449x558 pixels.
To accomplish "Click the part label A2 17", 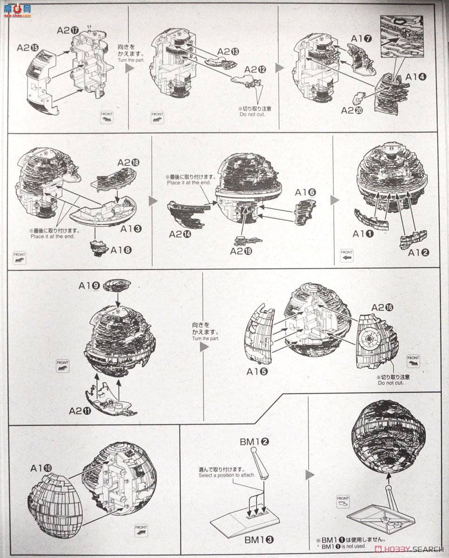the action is click(67, 30).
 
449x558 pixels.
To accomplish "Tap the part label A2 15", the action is click(28, 47).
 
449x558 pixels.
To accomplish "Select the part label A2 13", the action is click(228, 52).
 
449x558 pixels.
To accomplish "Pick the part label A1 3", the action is click(132, 229).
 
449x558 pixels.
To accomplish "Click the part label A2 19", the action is click(241, 251).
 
